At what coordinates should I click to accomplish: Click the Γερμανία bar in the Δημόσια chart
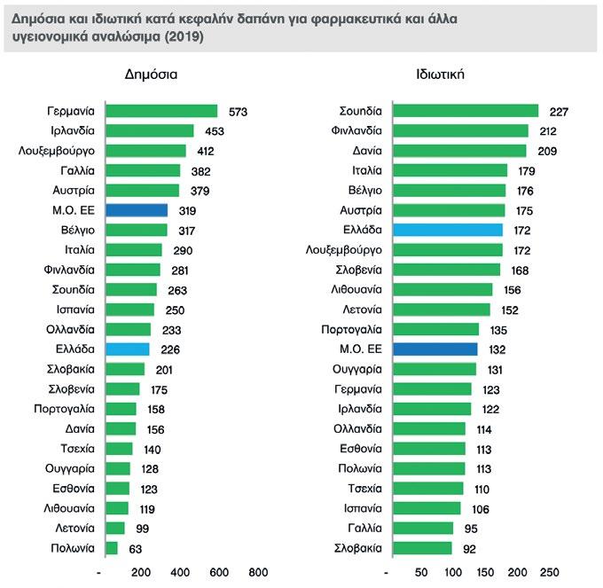click(161, 111)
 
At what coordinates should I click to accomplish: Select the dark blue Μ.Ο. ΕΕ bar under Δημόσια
click(137, 210)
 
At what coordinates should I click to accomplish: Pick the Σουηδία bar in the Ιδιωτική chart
click(466, 111)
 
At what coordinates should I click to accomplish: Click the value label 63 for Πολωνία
click(137, 548)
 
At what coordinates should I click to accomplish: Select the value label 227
click(558, 112)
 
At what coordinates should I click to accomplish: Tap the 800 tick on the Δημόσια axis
click(258, 572)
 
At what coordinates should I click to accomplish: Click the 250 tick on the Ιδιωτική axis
click(549, 572)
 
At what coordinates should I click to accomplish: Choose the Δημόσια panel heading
click(151, 75)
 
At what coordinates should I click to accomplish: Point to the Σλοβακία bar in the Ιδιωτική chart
click(422, 548)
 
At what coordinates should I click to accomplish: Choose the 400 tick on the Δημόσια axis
click(180, 572)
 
